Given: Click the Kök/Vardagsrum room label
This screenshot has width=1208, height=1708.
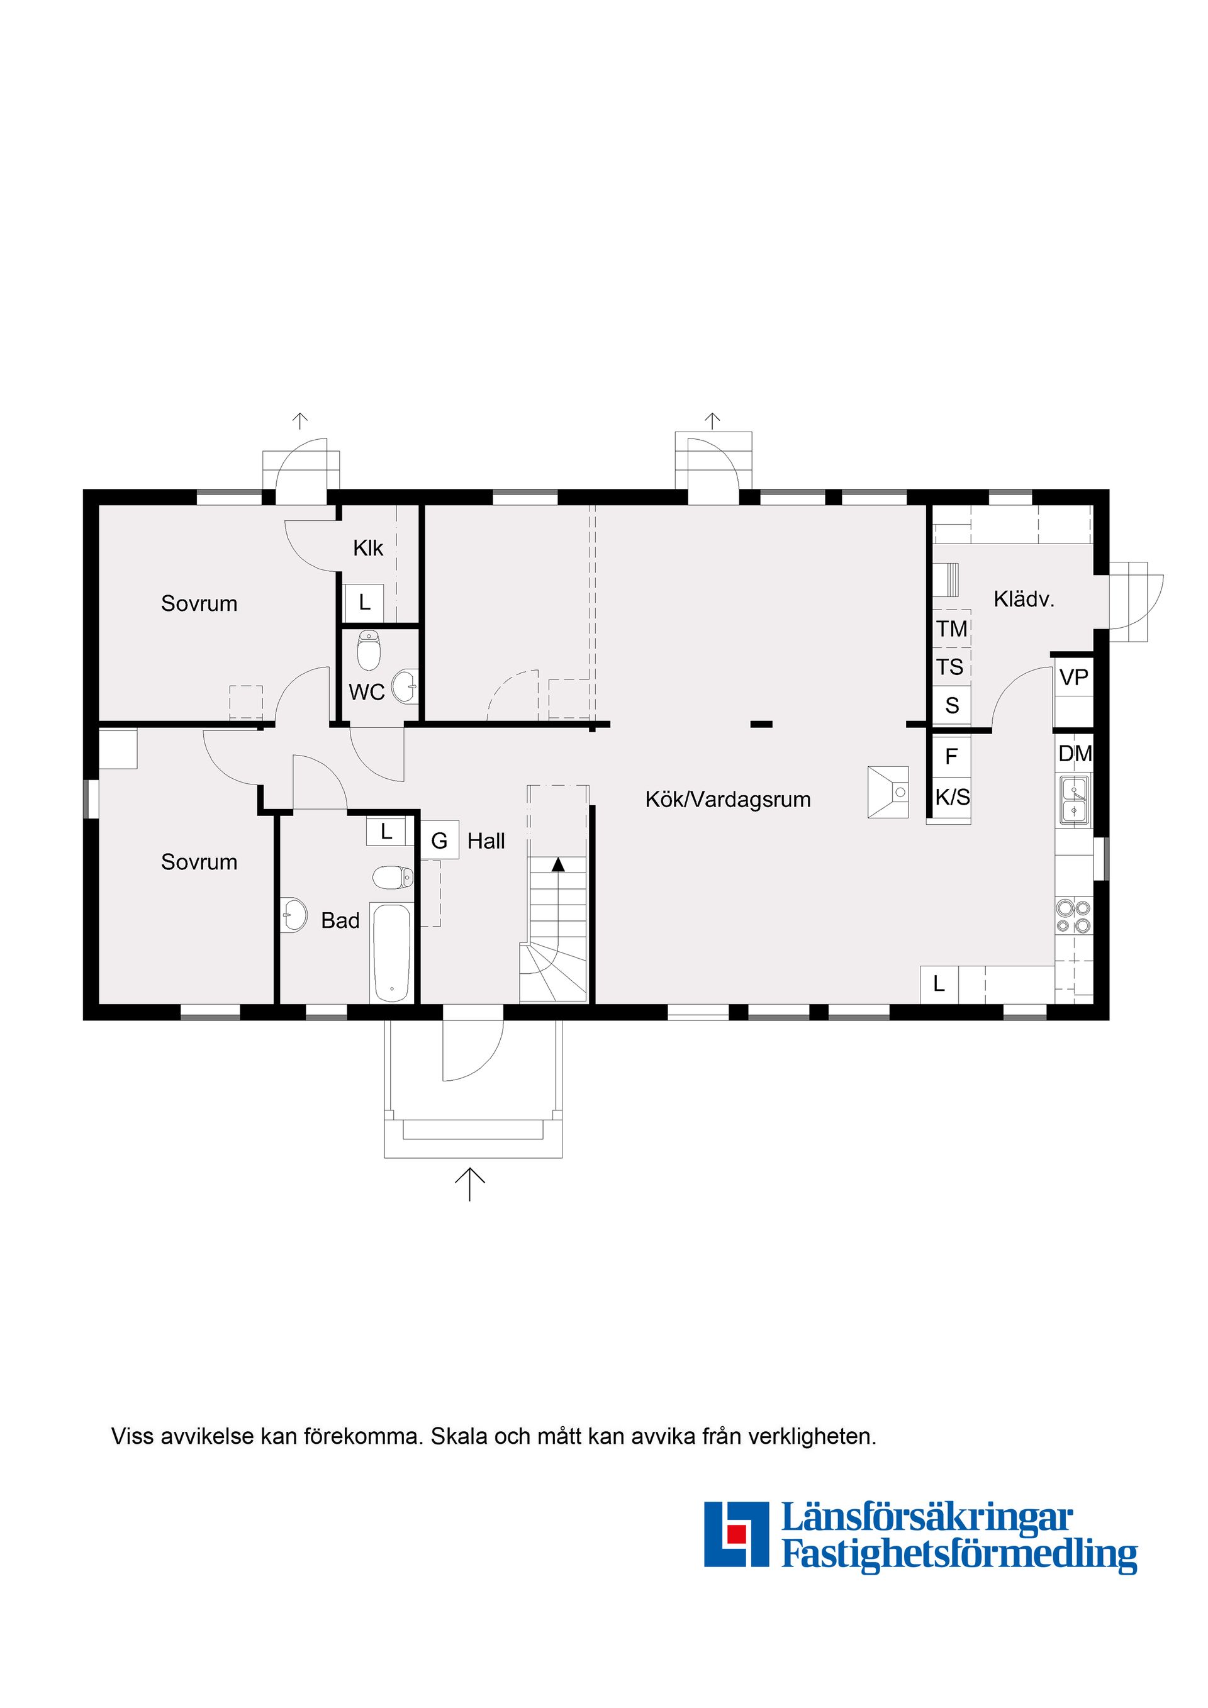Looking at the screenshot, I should (727, 800).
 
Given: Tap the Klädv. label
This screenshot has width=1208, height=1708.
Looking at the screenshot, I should (1024, 600).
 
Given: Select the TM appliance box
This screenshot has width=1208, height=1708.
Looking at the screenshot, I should (951, 629).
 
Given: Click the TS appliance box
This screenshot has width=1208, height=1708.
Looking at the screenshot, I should (950, 667).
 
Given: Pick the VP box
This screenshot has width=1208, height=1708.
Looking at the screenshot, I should (1073, 678).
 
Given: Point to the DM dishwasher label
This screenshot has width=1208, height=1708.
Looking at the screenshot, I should (1074, 754).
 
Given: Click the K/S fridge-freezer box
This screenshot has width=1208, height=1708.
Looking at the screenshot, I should (952, 798).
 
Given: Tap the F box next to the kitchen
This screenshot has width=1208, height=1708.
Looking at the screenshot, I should (951, 757).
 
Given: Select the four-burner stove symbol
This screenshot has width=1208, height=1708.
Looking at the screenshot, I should (1073, 917).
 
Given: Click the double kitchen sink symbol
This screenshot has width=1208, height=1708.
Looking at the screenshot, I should (1073, 800).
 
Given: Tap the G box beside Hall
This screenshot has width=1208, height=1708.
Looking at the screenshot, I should (439, 841).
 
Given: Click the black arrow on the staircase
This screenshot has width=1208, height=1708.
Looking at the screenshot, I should (557, 864).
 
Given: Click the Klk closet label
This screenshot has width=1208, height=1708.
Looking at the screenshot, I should (367, 548).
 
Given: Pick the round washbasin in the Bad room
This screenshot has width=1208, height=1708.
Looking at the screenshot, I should (294, 915).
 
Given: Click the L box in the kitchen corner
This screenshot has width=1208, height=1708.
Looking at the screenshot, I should (939, 984).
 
